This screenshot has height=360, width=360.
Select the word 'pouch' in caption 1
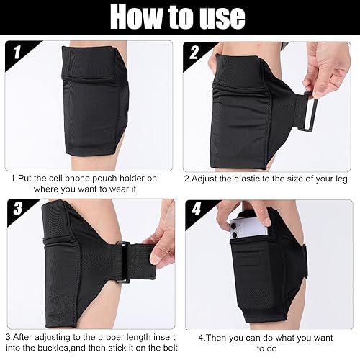pyautogui.click(x=102, y=178)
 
